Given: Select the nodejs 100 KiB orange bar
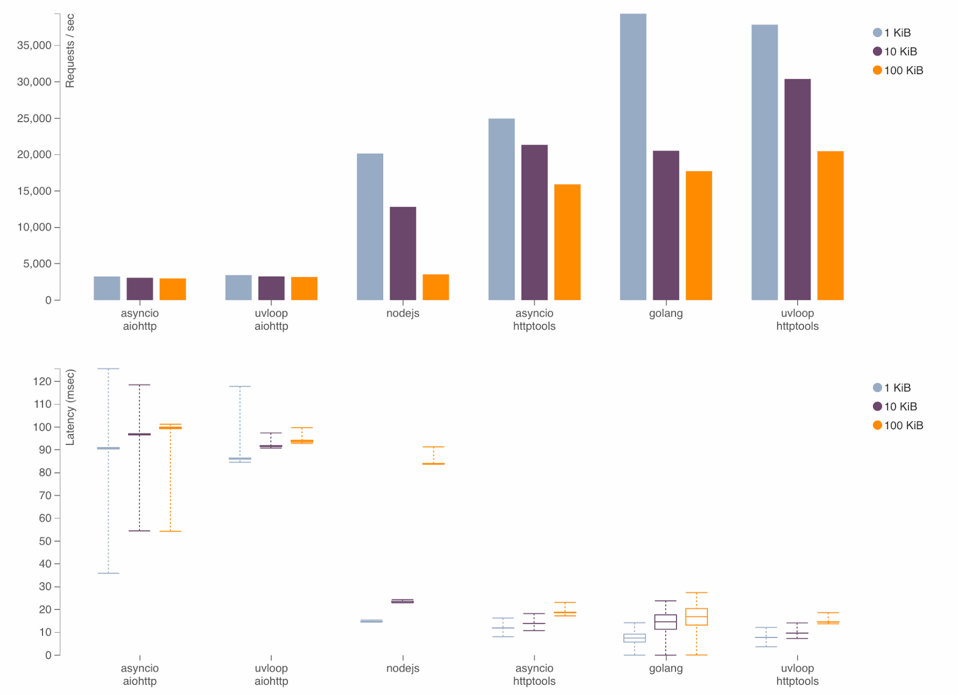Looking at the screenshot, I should pyautogui.click(x=435, y=287).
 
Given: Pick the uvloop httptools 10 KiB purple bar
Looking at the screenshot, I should pyautogui.click(x=798, y=189).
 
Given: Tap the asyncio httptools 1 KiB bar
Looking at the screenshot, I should pyautogui.click(x=501, y=210).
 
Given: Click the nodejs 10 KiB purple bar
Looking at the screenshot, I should pyautogui.click(x=403, y=253).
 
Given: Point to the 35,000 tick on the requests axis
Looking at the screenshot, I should pyautogui.click(x=34, y=45).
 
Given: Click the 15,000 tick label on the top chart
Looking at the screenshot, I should pyautogui.click(x=34, y=191).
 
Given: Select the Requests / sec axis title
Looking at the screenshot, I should pyautogui.click(x=70, y=51).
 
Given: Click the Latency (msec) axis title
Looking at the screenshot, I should pyautogui.click(x=70, y=407).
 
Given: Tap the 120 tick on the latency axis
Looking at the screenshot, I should pyautogui.click(x=42, y=381).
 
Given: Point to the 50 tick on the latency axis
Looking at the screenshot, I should pyautogui.click(x=45, y=541).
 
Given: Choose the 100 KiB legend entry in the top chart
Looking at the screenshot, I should pyautogui.click(x=898, y=71).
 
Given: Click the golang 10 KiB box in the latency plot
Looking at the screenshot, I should pyautogui.click(x=666, y=622).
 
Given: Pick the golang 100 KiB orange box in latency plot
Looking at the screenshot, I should pyautogui.click(x=696, y=617).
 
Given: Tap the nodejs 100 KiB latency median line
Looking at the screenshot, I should pyautogui.click(x=433, y=464).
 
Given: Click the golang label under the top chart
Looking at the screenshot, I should pyautogui.click(x=666, y=313).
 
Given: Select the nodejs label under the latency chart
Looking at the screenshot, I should pyautogui.click(x=403, y=668).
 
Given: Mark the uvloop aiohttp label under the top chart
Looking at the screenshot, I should pyautogui.click(x=271, y=320).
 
